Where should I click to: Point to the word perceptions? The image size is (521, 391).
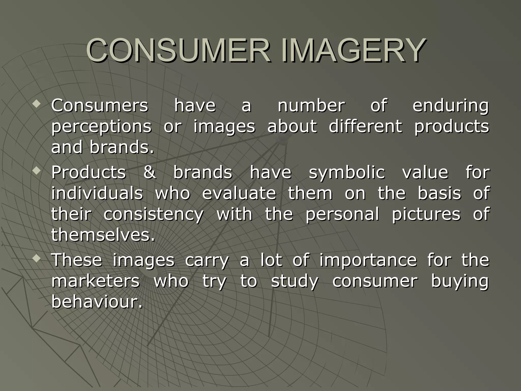[101, 127]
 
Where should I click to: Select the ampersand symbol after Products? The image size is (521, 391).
[150, 172]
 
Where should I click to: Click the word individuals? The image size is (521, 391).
[97, 193]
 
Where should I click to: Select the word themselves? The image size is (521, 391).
[103, 235]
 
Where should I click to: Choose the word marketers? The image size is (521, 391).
[95, 281]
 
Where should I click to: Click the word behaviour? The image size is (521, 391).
[97, 302]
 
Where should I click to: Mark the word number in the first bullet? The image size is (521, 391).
[311, 106]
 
